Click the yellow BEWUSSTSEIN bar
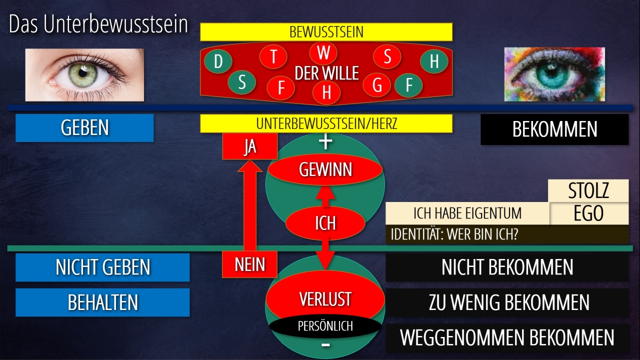pyautogui.click(x=326, y=32)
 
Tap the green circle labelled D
pyautogui.click(x=218, y=62)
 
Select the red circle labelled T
pyautogui.click(x=273, y=57)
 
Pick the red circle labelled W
pyautogui.click(x=323, y=53)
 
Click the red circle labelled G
pyautogui.click(x=377, y=85)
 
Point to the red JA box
pyautogui.click(x=249, y=147)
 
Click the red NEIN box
pyautogui.click(x=249, y=264)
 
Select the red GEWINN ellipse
pyautogui.click(x=325, y=170)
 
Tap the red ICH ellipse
pyautogui.click(x=325, y=223)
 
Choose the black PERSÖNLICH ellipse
pyautogui.click(x=325, y=326)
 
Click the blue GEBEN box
pyautogui.click(x=84, y=128)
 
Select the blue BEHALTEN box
pyautogui.click(x=102, y=302)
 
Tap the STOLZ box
pyautogui.click(x=588, y=191)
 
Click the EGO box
pyautogui.click(x=588, y=214)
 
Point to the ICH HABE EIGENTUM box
pyautogui.click(x=467, y=213)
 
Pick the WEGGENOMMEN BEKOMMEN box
pyautogui.click(x=507, y=338)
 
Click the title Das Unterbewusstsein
pyautogui.click(x=98, y=25)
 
